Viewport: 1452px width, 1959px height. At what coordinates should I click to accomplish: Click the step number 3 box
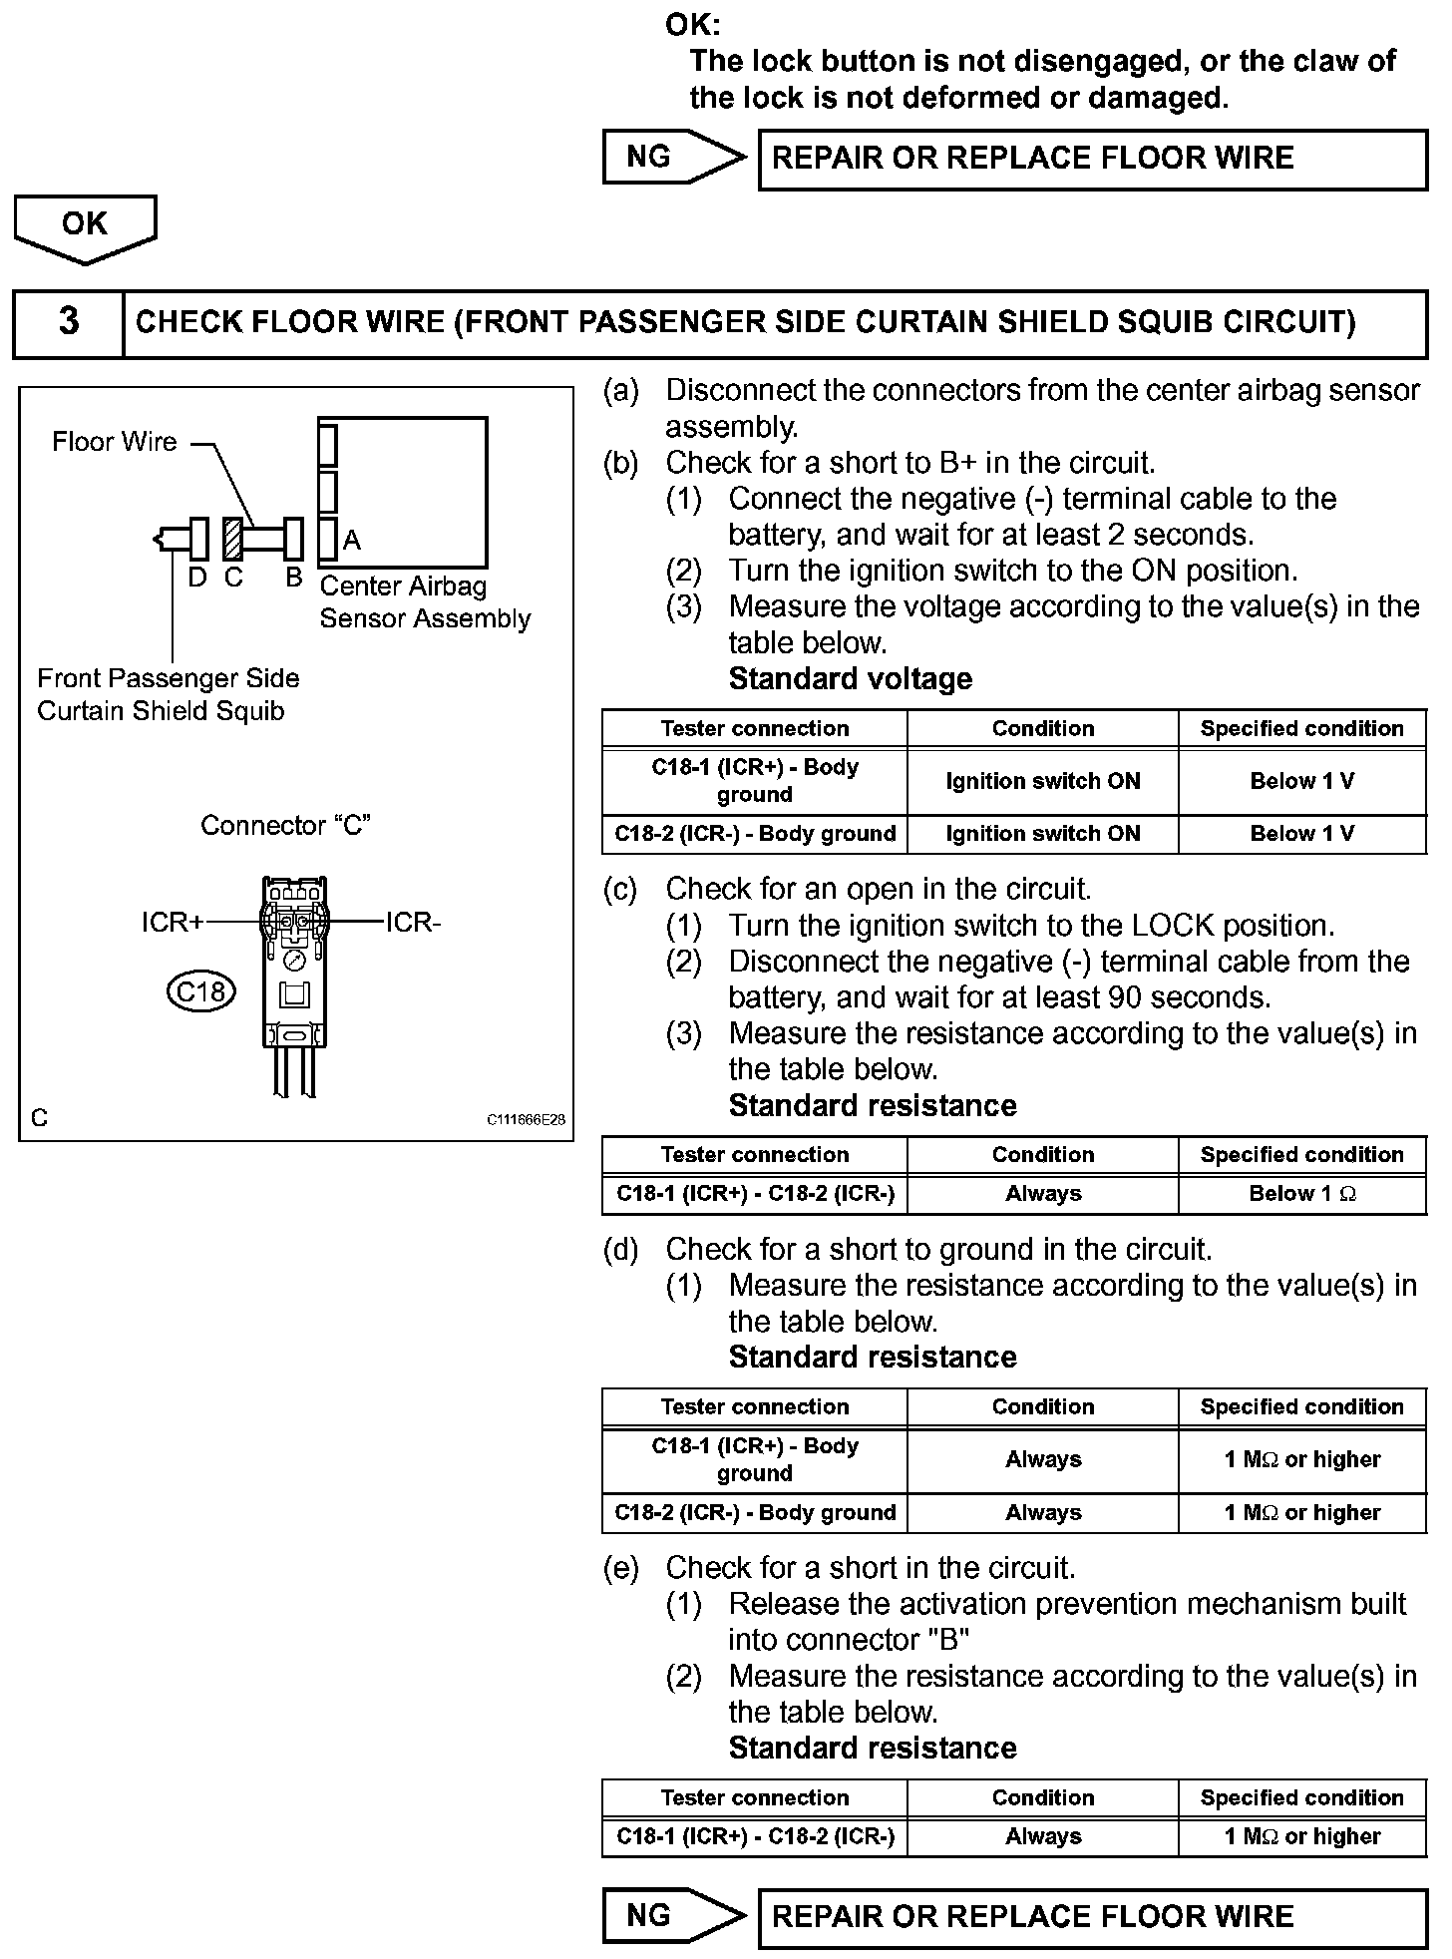[68, 322]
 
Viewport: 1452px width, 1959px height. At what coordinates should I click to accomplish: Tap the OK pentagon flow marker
[85, 225]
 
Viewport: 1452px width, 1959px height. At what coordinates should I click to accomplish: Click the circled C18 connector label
[200, 991]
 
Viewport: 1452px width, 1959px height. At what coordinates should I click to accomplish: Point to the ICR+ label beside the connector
[172, 923]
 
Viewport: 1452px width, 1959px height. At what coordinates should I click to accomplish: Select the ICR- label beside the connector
[413, 923]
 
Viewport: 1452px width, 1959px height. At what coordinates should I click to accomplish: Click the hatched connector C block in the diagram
[232, 540]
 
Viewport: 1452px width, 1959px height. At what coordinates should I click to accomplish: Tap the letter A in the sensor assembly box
[351, 541]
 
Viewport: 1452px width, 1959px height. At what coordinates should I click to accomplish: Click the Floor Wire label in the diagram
[114, 442]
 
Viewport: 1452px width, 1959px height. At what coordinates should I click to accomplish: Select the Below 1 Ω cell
[1301, 1194]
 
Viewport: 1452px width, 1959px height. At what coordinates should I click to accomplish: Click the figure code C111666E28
[526, 1120]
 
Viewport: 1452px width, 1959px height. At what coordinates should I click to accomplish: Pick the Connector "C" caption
[285, 826]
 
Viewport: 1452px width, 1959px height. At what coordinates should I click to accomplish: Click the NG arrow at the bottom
[672, 1915]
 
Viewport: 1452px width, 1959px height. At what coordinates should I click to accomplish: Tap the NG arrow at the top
[672, 158]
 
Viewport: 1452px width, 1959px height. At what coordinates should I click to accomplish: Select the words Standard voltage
[850, 679]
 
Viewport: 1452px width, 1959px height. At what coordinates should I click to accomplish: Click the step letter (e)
[620, 1569]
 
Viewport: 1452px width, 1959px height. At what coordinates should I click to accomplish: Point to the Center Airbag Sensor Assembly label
[425, 602]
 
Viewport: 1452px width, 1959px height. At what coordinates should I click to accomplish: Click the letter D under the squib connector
[197, 578]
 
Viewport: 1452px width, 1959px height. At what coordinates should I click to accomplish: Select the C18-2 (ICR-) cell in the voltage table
[755, 834]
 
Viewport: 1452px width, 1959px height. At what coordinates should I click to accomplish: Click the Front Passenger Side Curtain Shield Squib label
[168, 695]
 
